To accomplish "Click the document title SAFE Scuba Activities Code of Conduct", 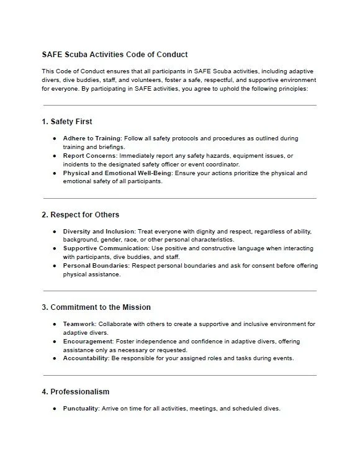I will [x=115, y=55].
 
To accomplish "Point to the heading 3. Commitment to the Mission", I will [x=96, y=307].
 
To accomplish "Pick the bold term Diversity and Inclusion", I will [x=98, y=232].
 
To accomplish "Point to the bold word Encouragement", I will [x=88, y=342].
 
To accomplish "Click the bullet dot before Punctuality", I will [x=55, y=409].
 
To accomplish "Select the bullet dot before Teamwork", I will [x=55, y=324].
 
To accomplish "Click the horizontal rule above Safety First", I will [x=179, y=106].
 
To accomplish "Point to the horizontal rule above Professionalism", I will [x=179, y=375].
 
